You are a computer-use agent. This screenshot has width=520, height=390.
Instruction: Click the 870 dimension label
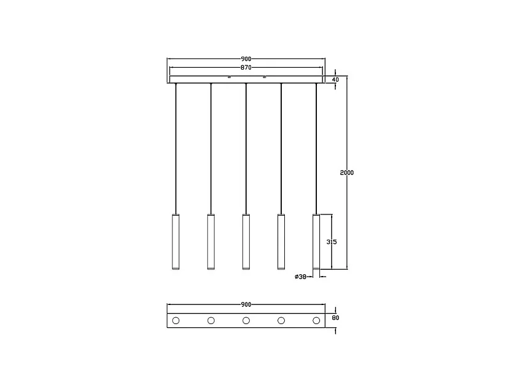pos(246,67)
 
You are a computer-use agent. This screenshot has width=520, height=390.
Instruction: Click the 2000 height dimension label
pos(347,173)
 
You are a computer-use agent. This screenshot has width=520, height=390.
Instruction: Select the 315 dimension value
pos(332,242)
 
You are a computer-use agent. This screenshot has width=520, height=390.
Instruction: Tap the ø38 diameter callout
pos(301,277)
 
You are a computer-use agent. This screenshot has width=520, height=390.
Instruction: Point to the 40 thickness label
pos(335,79)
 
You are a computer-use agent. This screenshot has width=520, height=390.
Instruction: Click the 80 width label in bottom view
pos(335,319)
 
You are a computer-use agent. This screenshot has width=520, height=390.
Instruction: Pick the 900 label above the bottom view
pos(246,305)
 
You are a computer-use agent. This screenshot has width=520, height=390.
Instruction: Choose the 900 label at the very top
pos(246,59)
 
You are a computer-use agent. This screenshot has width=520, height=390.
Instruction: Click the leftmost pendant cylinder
pos(175,242)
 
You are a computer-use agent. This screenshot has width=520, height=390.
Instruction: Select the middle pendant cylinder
pos(246,242)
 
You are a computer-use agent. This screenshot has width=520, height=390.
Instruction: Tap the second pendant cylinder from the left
pos(210,242)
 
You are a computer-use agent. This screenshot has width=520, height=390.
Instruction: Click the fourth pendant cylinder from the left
pos(281,242)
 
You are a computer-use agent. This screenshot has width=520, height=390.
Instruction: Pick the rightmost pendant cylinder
pos(316,242)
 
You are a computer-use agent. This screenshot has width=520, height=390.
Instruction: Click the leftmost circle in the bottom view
pos(175,320)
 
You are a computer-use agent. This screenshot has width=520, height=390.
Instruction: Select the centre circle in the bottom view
pos(246,320)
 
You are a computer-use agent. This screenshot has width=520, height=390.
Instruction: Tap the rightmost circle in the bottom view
pos(316,320)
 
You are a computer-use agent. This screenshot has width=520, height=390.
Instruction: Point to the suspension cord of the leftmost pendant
pos(175,148)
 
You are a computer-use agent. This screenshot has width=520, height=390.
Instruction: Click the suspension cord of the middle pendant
pos(246,148)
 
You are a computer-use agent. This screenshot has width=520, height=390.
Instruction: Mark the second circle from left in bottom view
pos(210,320)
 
